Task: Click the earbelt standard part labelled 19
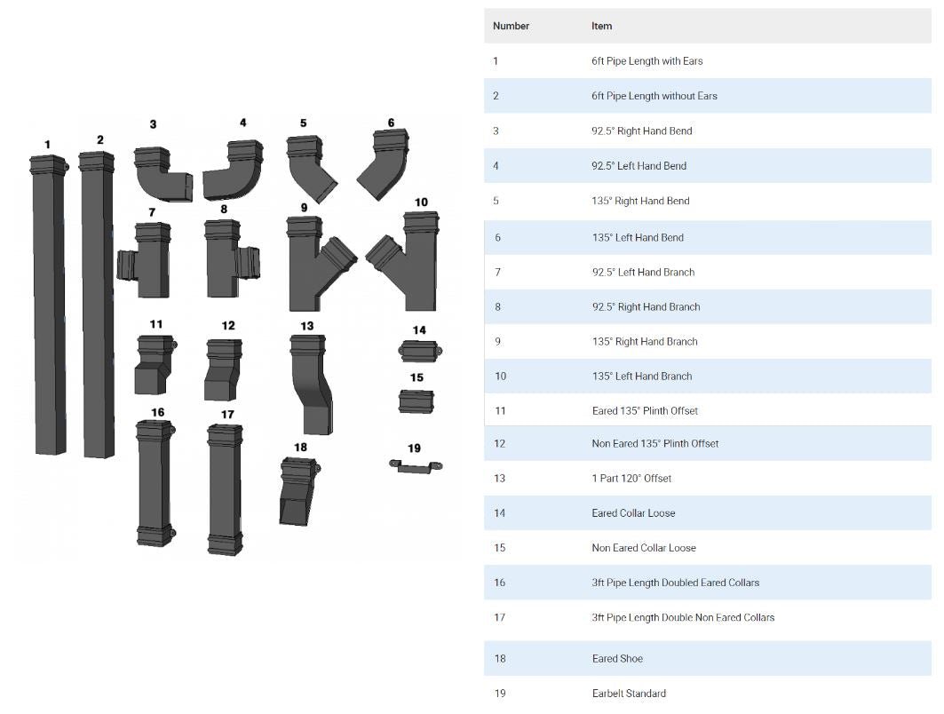coord(415,466)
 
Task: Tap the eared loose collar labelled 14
coord(418,352)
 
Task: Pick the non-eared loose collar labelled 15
coord(416,401)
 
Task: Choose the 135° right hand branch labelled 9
coord(314,262)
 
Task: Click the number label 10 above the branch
coord(421,202)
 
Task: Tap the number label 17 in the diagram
coord(227,415)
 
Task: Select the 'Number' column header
coord(511,26)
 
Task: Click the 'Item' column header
coord(601,26)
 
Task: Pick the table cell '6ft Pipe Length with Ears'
coord(647,61)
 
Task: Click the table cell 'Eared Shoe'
coord(617,658)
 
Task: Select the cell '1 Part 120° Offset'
coord(631,478)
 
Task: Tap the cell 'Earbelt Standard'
coord(629,693)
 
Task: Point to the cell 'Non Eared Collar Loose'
coord(644,548)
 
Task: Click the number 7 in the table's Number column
coord(497,272)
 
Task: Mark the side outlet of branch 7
coord(126,265)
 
